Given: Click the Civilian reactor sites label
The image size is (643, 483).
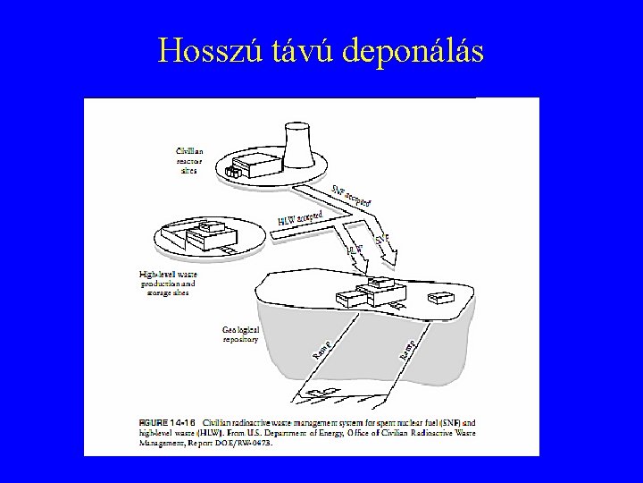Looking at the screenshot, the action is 189,161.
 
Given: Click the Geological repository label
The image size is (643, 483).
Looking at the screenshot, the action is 240,335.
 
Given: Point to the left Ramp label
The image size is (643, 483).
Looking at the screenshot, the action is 323,351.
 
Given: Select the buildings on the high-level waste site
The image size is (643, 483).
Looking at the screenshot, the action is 209,238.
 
